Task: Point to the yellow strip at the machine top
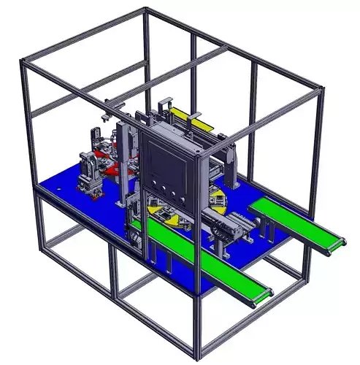coord(191,117)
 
